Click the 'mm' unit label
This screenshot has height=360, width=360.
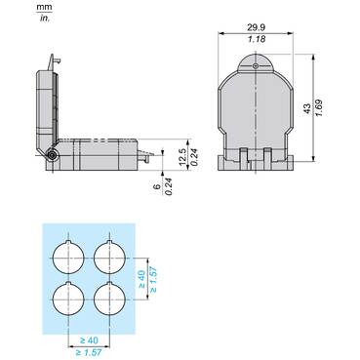pyautogui.click(x=44, y=7)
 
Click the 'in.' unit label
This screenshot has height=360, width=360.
pyautogui.click(x=45, y=19)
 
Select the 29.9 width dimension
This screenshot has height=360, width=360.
pyautogui.click(x=256, y=27)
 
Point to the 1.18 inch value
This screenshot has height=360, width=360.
pyautogui.click(x=257, y=39)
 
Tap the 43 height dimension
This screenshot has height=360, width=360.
pyautogui.click(x=307, y=108)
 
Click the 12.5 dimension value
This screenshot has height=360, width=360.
pyautogui.click(x=182, y=157)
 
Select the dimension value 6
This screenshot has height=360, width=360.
pyautogui.click(x=157, y=186)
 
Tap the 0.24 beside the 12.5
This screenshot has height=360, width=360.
pyautogui.click(x=194, y=157)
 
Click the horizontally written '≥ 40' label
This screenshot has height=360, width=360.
pyautogui.click(x=89, y=340)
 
